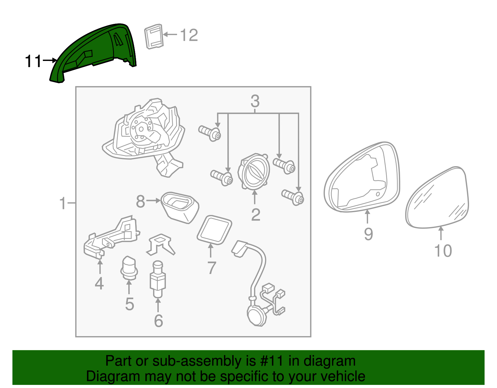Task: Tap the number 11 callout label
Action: point(34,61)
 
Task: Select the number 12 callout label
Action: point(189,35)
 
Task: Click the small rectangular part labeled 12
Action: point(154,37)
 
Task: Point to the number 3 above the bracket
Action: point(255,101)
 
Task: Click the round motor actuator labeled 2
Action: point(253,171)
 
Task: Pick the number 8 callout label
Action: point(140,201)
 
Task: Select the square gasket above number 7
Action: point(214,230)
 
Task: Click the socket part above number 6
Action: point(157,279)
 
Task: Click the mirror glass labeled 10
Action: point(437,198)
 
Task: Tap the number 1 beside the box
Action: point(63,203)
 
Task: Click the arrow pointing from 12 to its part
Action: point(170,34)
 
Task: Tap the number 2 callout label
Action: point(256,215)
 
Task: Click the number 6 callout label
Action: point(158,321)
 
